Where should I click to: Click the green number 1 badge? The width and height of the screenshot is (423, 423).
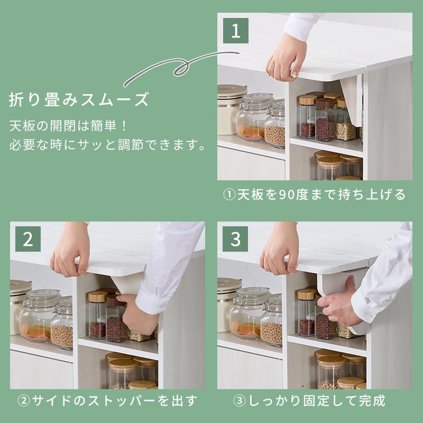(235, 31)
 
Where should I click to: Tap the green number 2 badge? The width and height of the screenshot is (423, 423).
(28, 239)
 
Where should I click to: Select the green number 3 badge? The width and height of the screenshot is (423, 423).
(235, 239)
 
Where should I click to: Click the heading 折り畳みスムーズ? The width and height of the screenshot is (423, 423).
(79, 99)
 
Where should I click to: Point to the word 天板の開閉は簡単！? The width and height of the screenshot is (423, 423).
(68, 126)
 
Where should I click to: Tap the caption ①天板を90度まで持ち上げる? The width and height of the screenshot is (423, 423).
(314, 195)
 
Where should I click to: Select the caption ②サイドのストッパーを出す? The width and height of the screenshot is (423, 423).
(107, 401)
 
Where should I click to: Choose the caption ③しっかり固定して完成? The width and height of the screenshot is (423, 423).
(309, 401)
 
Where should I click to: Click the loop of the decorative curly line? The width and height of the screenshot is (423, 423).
(180, 67)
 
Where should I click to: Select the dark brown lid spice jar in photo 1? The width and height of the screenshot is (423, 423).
(325, 120)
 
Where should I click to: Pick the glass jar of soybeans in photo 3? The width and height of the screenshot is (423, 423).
(272, 320)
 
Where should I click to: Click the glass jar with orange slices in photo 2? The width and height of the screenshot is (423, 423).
(39, 316)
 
